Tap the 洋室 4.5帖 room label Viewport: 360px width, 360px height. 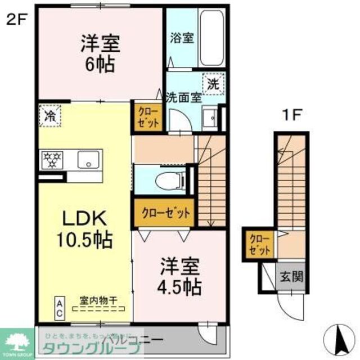tap(179, 277)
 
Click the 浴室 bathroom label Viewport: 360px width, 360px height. tap(182, 39)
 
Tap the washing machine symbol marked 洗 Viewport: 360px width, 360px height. tap(213, 85)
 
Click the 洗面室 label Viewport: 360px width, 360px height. tap(183, 96)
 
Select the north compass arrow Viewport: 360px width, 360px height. tap(340, 337)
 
